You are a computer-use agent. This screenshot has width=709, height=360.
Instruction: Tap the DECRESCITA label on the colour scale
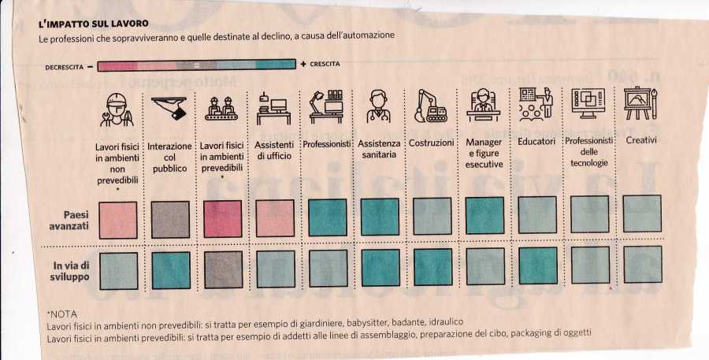point(63,67)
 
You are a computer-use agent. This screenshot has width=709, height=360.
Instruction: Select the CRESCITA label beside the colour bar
point(323,64)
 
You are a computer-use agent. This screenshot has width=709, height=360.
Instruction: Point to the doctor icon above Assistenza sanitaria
point(379,108)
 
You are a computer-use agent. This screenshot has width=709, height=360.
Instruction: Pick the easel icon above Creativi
point(641,104)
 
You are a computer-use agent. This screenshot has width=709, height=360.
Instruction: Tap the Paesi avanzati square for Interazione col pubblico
point(169,220)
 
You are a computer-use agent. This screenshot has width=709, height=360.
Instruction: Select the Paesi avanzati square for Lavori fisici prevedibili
point(222,220)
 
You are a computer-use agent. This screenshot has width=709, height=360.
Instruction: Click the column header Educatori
point(536,142)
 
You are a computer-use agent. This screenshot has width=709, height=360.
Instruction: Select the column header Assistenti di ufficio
point(274,150)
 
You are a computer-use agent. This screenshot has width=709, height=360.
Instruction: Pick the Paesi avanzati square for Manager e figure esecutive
point(484,217)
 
